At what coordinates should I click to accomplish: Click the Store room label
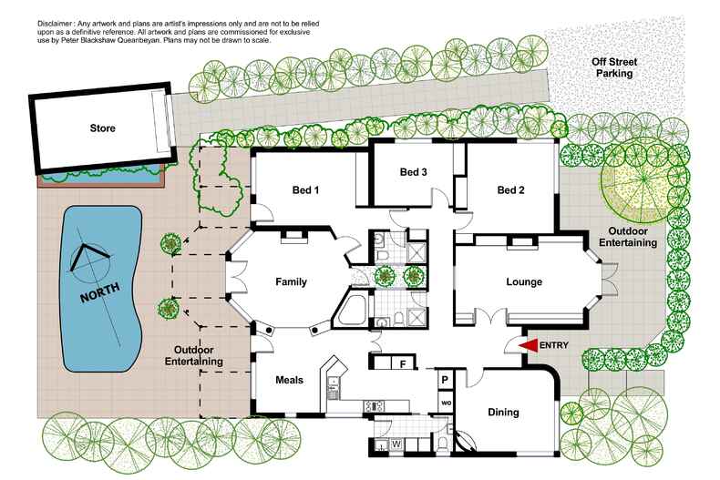101,128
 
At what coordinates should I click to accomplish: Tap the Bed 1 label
305,190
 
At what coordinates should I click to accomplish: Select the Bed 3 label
414,172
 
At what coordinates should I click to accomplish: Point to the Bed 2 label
512,190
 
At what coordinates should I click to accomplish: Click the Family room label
291,282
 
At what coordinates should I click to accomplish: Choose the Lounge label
523,282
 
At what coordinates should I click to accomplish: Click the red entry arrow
528,345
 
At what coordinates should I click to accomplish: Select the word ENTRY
555,346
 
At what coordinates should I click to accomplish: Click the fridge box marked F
402,363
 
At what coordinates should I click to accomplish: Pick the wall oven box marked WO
446,401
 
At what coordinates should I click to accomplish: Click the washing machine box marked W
396,444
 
